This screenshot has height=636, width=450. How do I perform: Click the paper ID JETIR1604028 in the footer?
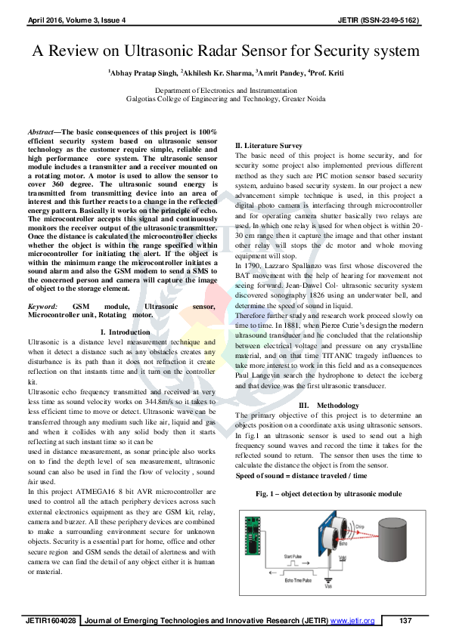coord(52,621)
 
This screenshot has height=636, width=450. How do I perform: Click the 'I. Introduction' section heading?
coord(125,332)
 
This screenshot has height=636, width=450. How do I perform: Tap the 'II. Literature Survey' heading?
coord(269,145)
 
